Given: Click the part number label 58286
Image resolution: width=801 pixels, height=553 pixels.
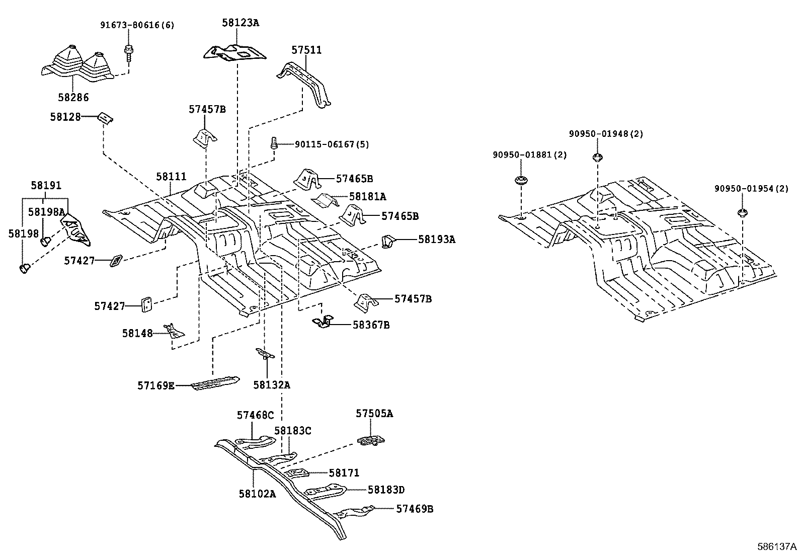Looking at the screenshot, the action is pos(73,97).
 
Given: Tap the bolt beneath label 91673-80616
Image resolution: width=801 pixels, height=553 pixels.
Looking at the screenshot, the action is pos(128,54).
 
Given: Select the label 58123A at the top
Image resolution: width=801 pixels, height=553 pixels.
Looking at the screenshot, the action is pos(241,23).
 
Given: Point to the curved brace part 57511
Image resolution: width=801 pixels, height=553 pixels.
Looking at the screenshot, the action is pos(304,84).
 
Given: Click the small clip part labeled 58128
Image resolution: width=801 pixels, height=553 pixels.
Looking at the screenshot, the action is pos(106,118).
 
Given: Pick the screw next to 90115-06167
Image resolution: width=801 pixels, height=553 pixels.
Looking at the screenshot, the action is pos(274,143).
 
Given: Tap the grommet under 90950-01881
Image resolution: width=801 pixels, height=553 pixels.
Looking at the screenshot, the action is pos(521,180).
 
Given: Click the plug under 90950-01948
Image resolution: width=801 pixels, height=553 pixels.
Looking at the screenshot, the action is pos(598,157).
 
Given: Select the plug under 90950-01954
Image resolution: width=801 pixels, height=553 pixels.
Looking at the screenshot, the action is pos(742,213).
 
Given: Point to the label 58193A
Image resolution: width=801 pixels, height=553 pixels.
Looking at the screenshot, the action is pos(437,240).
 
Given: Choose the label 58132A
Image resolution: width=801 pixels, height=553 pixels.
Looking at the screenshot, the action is pos(272,385).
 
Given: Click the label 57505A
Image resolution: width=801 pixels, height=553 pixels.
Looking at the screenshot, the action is pos(374,414).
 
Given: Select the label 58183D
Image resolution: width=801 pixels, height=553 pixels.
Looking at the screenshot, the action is pos(386,490).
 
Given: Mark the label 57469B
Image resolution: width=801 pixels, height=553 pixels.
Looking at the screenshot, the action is pos(415,509).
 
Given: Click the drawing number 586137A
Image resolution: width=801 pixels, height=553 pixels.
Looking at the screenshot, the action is pos(777,546).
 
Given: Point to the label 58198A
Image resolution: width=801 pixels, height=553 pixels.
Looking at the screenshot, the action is pos(47,212).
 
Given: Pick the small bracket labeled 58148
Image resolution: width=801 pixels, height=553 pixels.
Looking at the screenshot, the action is pos(174,331).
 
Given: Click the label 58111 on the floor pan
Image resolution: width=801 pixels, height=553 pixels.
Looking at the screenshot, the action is pos(171,176).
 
